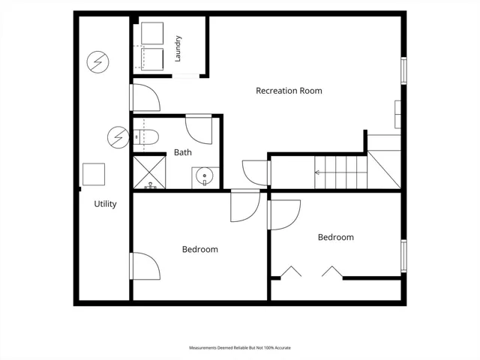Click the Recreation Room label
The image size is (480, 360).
pos(289,91)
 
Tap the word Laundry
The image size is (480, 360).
pos(178,49)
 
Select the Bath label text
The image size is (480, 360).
pos(183,152)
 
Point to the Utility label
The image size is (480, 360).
pos(105,204)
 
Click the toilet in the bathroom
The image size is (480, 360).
pos(146,137)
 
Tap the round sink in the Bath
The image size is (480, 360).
pos(204,175)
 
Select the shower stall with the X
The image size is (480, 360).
pos(150,172)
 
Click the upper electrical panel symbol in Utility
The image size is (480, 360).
pos(98,61)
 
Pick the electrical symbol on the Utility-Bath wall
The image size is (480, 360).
pos(118,137)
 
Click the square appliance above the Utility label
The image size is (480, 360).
pos(94,174)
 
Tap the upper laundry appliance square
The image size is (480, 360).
pos(152,33)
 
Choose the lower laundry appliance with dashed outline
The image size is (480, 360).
pos(152,59)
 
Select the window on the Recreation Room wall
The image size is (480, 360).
pos(403,70)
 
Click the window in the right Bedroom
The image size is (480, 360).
pos(403,256)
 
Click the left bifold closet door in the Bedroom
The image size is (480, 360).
pos(291,271)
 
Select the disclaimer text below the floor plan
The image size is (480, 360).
pos(240,348)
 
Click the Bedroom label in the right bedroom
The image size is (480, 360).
pos(336,237)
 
